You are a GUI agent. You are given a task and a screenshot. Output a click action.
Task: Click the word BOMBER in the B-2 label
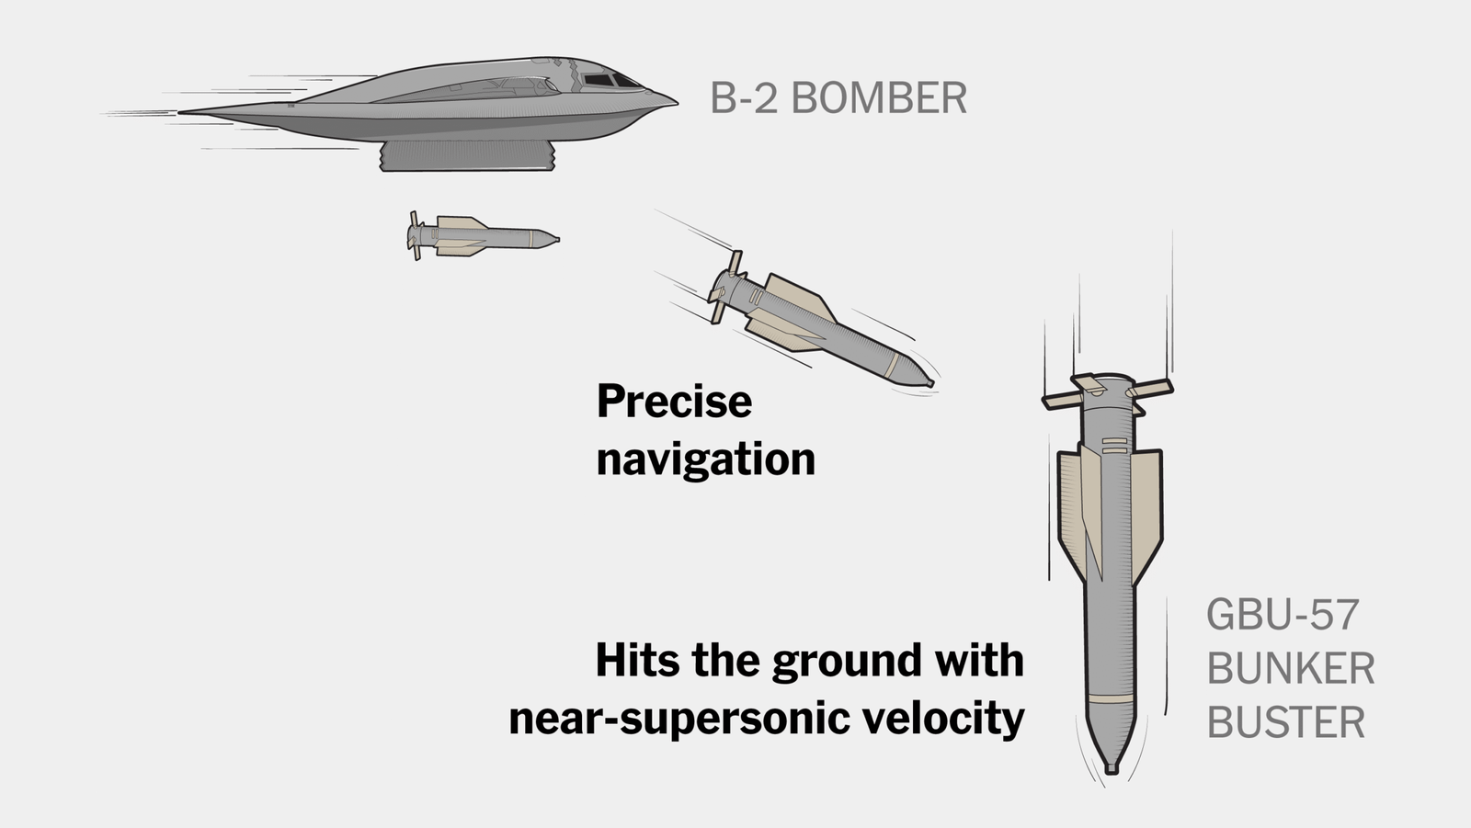[x=879, y=97]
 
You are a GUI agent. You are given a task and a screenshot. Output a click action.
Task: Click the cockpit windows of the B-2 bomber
[x=610, y=81]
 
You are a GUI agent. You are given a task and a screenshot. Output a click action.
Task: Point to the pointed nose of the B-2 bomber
[x=677, y=102]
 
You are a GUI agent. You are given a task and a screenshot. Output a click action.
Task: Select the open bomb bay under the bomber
[x=467, y=155]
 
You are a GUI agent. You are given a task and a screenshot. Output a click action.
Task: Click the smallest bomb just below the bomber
[x=483, y=236]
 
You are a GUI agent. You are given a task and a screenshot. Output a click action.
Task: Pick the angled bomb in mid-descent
[x=821, y=322]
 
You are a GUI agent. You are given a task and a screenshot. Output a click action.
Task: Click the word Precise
[x=675, y=402]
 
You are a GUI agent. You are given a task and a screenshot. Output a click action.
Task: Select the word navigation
[x=706, y=459]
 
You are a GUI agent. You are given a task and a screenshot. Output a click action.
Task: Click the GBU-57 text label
[x=1283, y=615]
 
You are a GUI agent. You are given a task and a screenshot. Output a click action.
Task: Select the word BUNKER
[x=1291, y=668]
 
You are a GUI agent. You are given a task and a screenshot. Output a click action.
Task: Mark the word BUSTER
[x=1286, y=722]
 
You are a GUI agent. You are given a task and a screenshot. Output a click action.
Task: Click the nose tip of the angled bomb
[x=931, y=383]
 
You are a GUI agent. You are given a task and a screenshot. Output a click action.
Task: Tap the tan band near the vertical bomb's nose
[x=1110, y=698]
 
